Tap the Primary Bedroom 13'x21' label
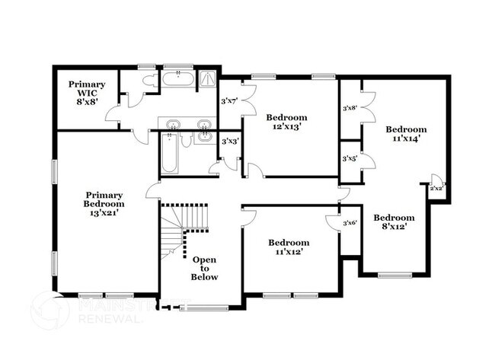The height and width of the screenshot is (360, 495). (x=104, y=203)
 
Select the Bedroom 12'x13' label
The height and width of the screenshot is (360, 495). (x=286, y=122)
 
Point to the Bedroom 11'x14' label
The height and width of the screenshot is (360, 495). (x=405, y=134)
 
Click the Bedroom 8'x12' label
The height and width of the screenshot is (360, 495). (x=394, y=221)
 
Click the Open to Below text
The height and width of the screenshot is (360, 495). (x=204, y=268)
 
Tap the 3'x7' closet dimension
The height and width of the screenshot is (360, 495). (x=229, y=100)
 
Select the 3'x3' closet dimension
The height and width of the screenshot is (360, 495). (x=229, y=142)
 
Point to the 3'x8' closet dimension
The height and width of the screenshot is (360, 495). (x=350, y=108)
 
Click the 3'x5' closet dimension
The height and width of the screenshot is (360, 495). (x=350, y=158)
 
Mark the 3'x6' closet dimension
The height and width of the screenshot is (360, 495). (x=350, y=222)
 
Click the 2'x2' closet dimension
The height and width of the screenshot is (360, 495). (x=437, y=188)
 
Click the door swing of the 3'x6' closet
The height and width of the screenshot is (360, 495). (x=332, y=222)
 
